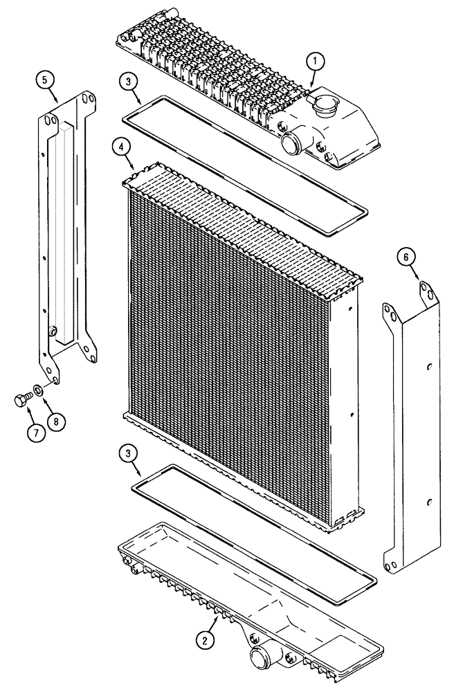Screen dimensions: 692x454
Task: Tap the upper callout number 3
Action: [130, 82]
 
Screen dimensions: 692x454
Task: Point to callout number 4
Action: [122, 147]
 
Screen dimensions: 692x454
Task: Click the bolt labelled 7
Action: [21, 399]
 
